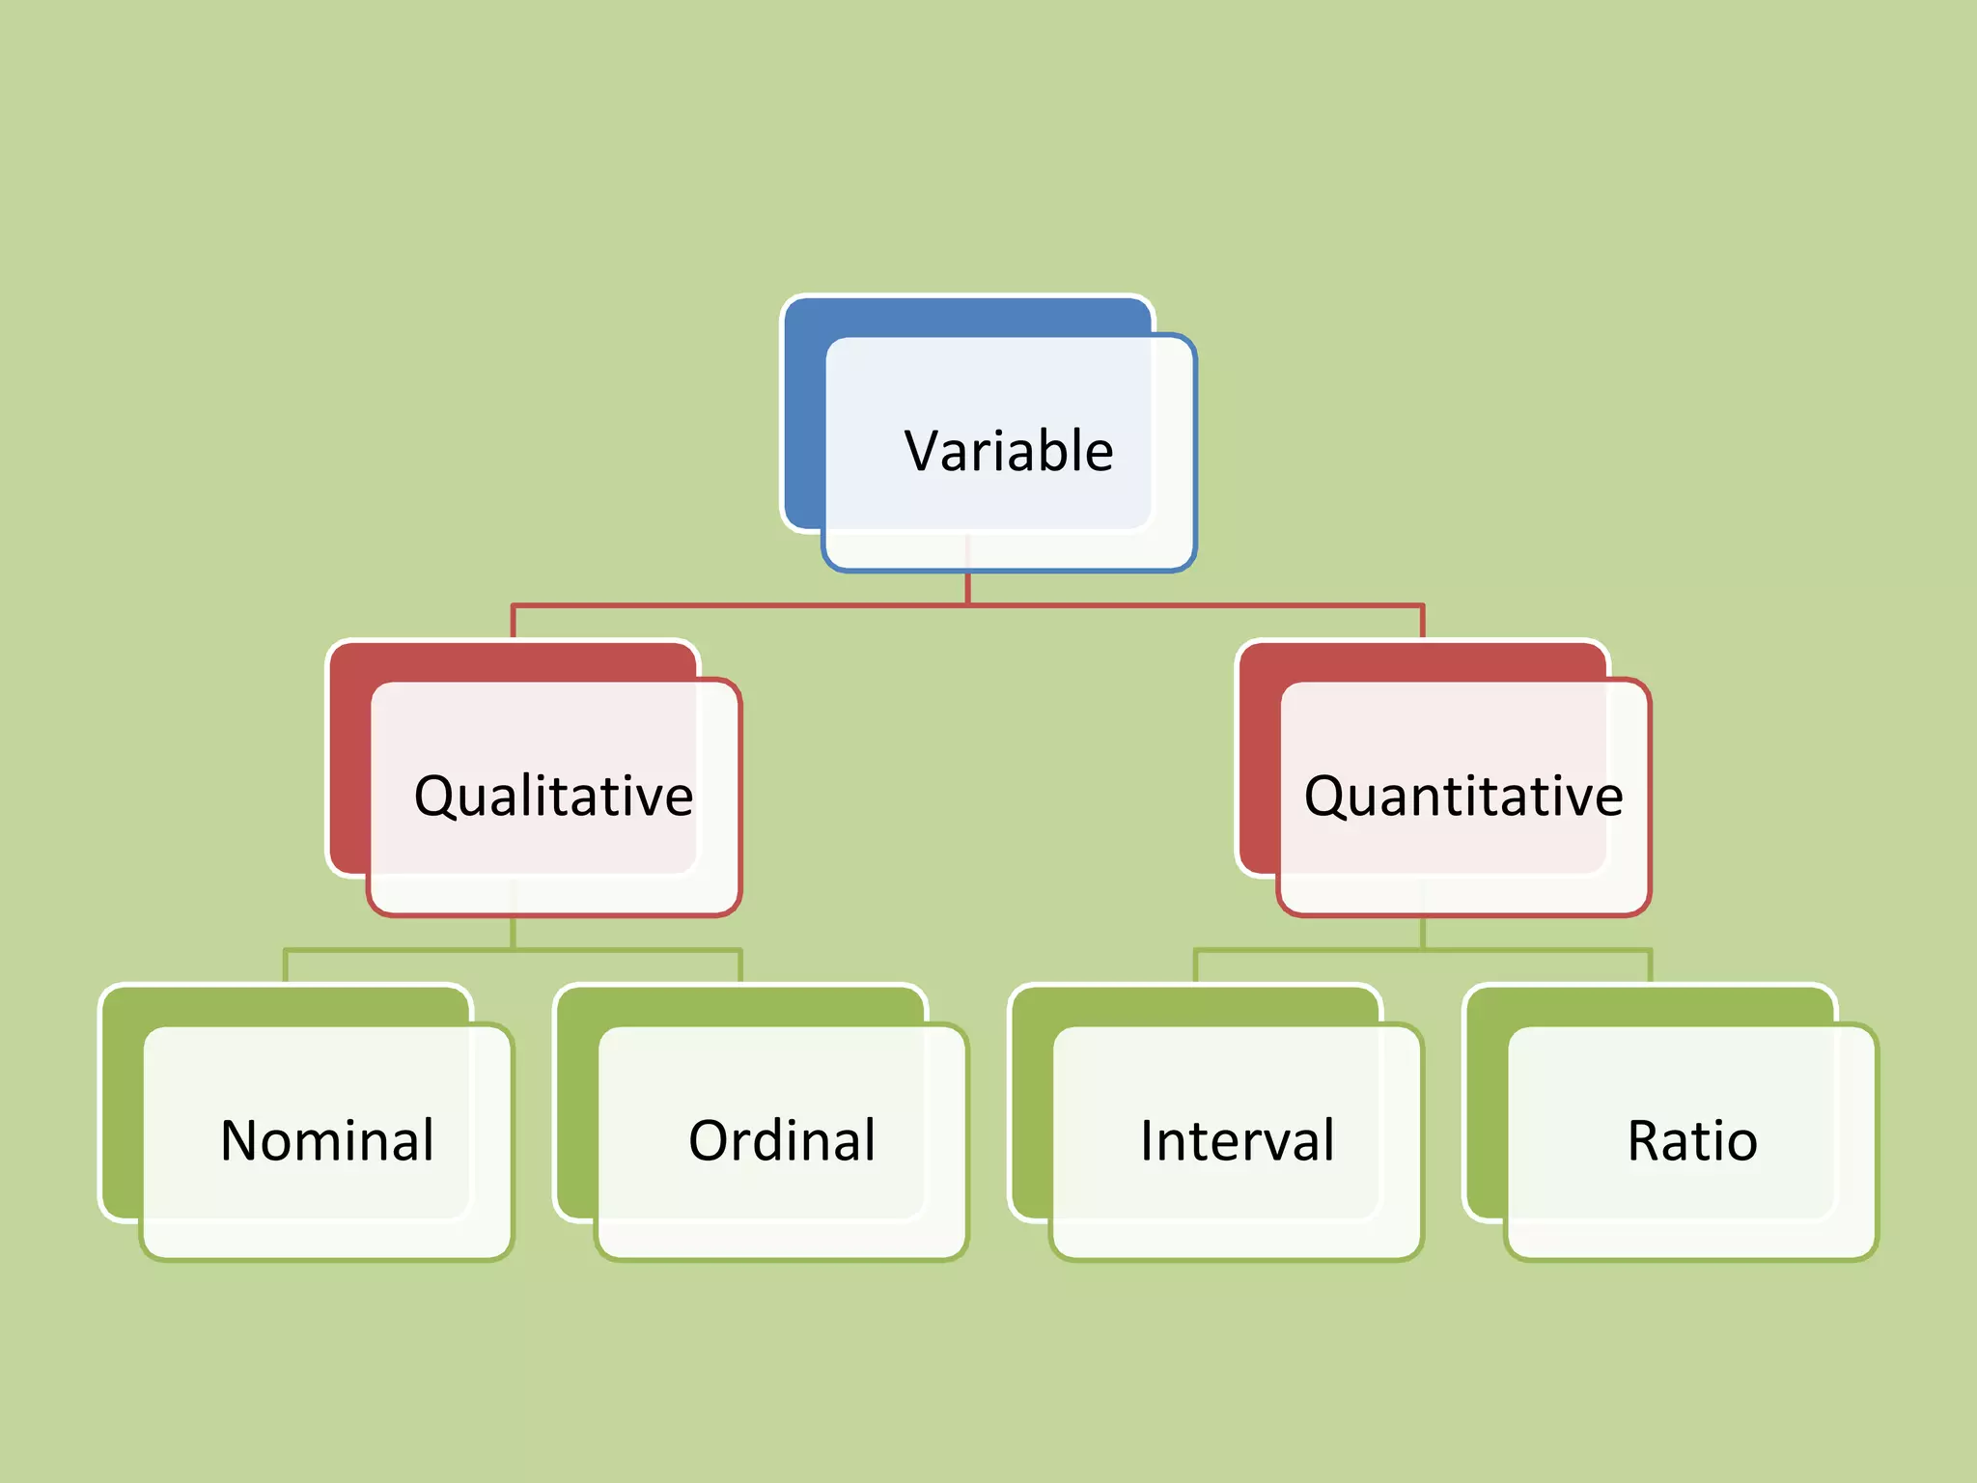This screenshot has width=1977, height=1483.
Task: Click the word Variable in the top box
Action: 1009,451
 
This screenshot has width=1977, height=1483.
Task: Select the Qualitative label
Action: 553,797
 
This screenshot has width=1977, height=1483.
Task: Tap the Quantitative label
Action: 1463,797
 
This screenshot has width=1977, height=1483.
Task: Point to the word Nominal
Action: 327,1140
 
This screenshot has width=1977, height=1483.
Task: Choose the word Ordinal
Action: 782,1140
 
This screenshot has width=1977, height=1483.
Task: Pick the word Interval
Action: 1238,1140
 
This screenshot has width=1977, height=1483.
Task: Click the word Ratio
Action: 1692,1140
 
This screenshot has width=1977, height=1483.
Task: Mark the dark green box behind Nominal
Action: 122,1110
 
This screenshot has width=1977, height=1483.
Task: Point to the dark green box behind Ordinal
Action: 576,1110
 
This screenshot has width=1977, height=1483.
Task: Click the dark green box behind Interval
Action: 1031,1110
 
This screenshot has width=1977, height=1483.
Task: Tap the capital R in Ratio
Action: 1645,1140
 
